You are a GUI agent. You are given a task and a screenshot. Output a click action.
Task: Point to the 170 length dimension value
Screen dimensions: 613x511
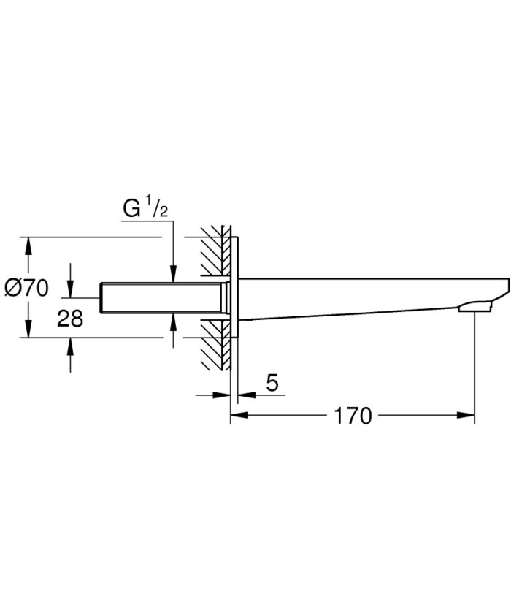coord(353,416)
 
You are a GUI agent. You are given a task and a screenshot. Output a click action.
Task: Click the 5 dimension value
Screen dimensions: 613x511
coord(272,382)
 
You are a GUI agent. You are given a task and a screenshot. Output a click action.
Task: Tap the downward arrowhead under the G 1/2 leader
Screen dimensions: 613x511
coord(173,275)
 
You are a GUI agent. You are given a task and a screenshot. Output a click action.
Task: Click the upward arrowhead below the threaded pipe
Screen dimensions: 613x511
coord(173,321)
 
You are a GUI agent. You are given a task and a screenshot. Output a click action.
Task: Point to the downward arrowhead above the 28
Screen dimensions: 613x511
coord(69,289)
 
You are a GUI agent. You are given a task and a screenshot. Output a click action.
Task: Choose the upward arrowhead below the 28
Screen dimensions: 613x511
coord(69,345)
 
